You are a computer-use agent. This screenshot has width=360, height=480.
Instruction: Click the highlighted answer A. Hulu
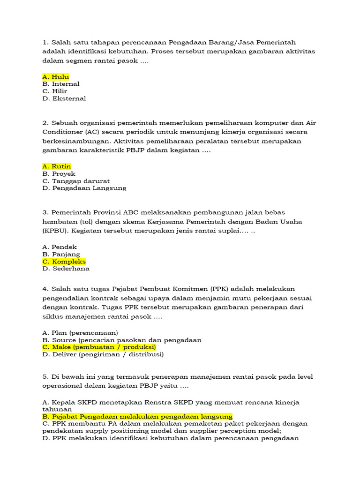[55, 77]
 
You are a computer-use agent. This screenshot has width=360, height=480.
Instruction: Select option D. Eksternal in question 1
[64, 98]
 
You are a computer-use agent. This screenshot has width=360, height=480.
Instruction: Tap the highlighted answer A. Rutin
[56, 166]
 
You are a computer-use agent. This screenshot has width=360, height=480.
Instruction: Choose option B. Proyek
[59, 174]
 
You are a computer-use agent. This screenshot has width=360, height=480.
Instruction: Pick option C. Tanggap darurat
[76, 181]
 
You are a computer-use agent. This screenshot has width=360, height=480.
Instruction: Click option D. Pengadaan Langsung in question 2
[84, 188]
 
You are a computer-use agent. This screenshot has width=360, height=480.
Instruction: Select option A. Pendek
[59, 247]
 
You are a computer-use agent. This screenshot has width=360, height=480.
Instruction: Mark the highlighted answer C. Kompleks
[64, 262]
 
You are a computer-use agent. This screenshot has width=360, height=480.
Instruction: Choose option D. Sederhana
[66, 269]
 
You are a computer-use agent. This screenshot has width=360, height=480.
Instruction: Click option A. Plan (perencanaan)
[80, 333]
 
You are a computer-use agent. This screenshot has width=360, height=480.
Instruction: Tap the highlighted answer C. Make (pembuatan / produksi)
[99, 347]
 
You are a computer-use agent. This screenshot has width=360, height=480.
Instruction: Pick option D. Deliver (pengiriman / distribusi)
[103, 355]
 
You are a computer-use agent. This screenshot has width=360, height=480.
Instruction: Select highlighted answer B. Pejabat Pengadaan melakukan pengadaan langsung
[137, 417]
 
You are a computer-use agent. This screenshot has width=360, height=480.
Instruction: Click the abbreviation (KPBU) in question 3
[54, 231]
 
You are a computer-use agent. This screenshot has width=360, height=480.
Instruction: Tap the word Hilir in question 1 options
[60, 91]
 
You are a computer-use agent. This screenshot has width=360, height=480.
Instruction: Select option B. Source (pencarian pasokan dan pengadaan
[122, 340]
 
